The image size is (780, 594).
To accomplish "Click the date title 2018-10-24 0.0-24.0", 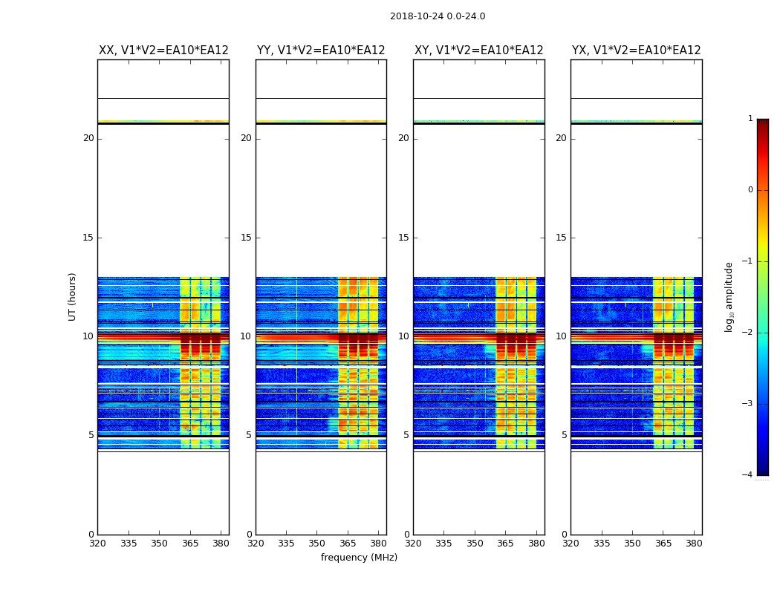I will [438, 16].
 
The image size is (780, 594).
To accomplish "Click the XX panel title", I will [163, 50].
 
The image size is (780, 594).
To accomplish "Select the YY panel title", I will [321, 50].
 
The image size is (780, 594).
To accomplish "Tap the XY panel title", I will [478, 50].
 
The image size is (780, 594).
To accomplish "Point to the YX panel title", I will [636, 50].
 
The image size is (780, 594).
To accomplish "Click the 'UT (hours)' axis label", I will [73, 296].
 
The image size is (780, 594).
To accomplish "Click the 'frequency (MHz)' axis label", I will [359, 558].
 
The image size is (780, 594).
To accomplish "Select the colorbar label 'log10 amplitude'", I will [729, 296].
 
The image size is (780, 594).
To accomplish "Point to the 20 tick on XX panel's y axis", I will [88, 138].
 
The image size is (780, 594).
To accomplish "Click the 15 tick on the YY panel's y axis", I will [246, 238].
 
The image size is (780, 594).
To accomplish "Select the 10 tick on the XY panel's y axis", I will [403, 336].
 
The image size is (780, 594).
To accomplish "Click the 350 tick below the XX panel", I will [159, 544].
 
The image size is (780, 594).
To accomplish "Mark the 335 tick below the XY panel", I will [443, 544].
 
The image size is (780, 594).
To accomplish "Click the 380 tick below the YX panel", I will [694, 544].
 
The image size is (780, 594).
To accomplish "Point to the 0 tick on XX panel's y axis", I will [91, 535].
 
